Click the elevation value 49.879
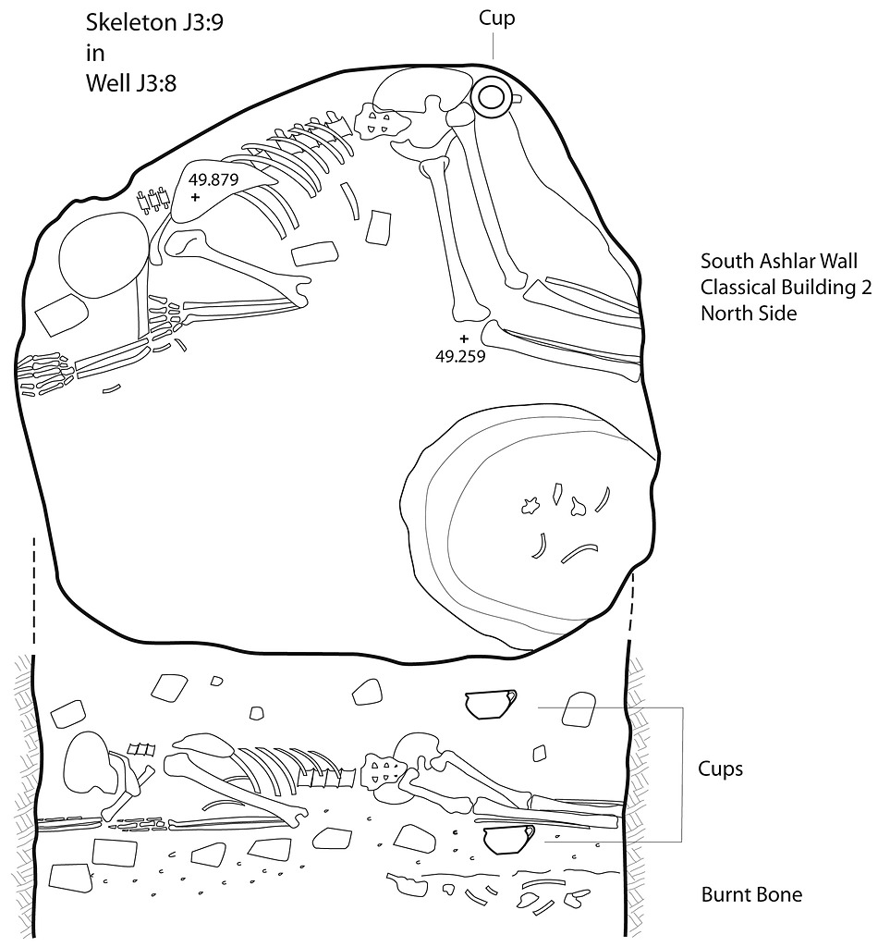click(x=213, y=179)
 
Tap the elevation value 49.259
click(x=460, y=356)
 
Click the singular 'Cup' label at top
click(x=496, y=18)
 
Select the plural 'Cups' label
click(x=721, y=769)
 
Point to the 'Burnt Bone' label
click(x=751, y=894)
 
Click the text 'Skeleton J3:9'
click(x=154, y=23)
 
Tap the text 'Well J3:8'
click(x=131, y=82)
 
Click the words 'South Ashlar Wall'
click(x=779, y=261)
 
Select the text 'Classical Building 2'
click(x=786, y=287)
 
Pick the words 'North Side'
click(x=749, y=313)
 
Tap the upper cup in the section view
click(x=491, y=705)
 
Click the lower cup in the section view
click(x=509, y=840)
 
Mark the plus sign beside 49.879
click(x=195, y=197)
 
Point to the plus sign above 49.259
click(x=463, y=338)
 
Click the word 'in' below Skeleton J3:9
click(x=95, y=53)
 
